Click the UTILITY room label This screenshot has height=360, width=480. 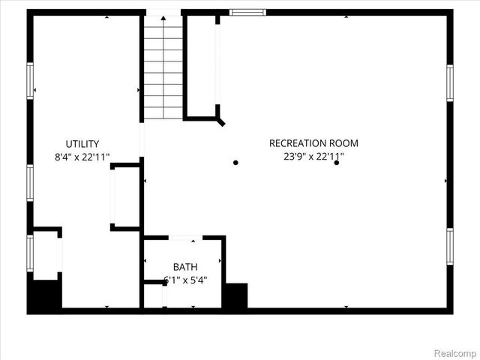[x=82, y=144]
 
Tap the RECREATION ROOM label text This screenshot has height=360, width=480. [x=313, y=143]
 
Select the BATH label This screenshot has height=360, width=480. [x=185, y=267]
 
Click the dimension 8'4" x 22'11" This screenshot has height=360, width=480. [x=82, y=157]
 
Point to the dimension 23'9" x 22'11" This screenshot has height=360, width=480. [x=313, y=157]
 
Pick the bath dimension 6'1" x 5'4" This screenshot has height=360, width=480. [x=185, y=280]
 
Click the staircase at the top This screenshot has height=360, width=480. [x=163, y=67]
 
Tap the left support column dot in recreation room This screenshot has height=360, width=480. [x=235, y=162]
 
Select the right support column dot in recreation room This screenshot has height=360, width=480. [x=337, y=162]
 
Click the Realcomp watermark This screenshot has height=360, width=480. [x=455, y=350]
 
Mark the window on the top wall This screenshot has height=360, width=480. [x=247, y=12]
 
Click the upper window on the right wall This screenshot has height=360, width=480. [x=450, y=82]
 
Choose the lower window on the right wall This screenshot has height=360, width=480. [x=450, y=247]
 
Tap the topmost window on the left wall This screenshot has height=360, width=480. [x=31, y=80]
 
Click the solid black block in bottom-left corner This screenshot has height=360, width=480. [x=44, y=295]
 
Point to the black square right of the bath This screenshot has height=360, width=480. [x=235, y=295]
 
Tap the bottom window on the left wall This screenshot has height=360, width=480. [x=31, y=252]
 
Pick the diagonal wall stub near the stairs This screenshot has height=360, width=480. [x=220, y=119]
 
